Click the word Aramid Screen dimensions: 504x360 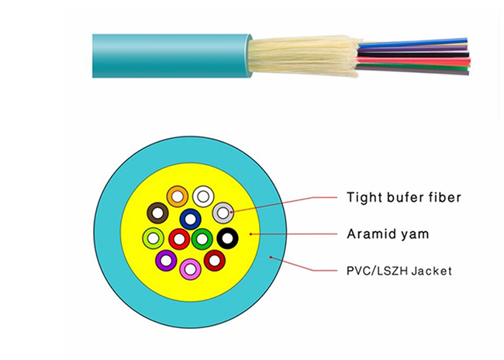click(368, 234)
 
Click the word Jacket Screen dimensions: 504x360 click(432, 271)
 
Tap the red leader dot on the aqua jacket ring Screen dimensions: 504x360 click(271, 257)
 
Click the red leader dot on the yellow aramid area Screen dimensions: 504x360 click(250, 234)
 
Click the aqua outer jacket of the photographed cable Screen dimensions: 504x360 click(171, 56)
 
